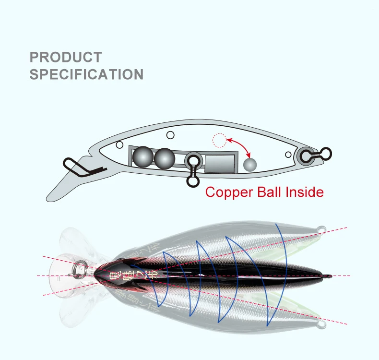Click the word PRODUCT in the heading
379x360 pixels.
point(66,57)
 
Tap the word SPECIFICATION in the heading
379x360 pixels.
point(86,74)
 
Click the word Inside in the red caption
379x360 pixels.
point(305,192)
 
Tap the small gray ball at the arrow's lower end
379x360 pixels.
point(250,165)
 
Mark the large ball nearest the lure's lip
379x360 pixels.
point(142,156)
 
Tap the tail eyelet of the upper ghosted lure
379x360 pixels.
point(321,228)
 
